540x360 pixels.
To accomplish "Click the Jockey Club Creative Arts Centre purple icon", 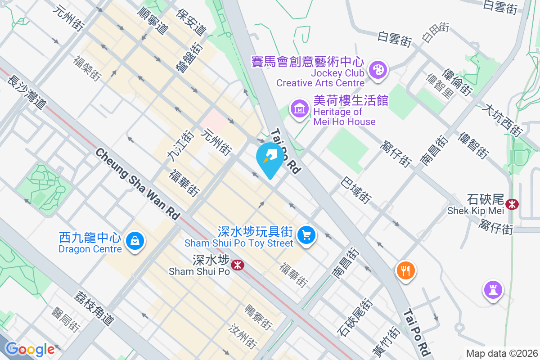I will (x=378, y=70).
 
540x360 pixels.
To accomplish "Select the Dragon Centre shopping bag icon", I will (x=135, y=241).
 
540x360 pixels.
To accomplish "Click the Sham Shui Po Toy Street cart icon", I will (x=307, y=234).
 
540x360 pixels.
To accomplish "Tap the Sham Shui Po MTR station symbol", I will (x=237, y=265).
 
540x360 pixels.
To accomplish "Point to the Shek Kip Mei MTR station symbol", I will (x=512, y=204).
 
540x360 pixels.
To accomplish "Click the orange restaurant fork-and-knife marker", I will (x=405, y=270).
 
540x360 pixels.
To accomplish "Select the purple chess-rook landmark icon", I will (x=493, y=288).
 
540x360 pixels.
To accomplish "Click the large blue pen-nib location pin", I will (x=270, y=157).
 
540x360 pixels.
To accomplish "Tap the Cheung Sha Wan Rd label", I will (x=138, y=184).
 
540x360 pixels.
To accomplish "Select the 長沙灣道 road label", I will (x=27, y=91).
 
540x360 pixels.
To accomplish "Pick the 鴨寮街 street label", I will (x=258, y=317).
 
